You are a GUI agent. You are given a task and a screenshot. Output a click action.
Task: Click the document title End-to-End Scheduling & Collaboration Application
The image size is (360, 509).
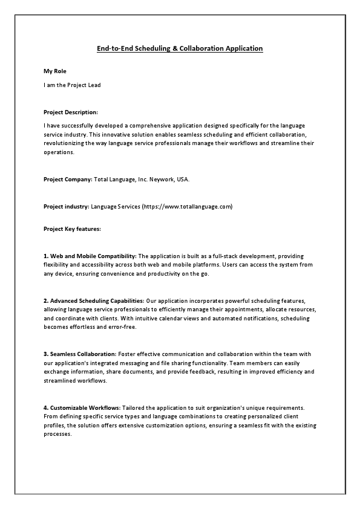[180, 48]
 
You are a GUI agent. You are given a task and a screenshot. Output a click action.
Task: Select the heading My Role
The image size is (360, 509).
[54, 71]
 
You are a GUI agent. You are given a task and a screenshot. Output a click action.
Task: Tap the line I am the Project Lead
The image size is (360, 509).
[72, 85]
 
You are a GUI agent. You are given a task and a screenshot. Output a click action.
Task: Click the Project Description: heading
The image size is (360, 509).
[71, 112]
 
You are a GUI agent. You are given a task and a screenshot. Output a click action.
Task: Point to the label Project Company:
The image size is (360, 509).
[68, 180]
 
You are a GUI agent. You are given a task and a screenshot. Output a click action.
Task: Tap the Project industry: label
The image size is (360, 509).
[66, 206]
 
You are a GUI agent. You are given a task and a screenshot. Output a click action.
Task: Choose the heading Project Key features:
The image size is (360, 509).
[72, 229]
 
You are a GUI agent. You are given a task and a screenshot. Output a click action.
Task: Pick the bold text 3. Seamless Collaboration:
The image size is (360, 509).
[80, 353]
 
